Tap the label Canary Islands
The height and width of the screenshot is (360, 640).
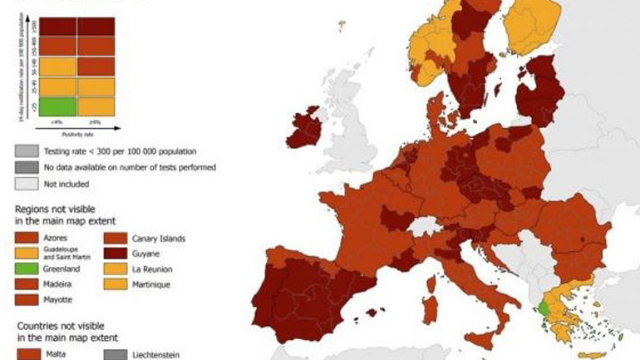point(160,239)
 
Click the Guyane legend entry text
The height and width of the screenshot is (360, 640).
point(146,254)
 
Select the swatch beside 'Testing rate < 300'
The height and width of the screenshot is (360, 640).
point(27,151)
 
